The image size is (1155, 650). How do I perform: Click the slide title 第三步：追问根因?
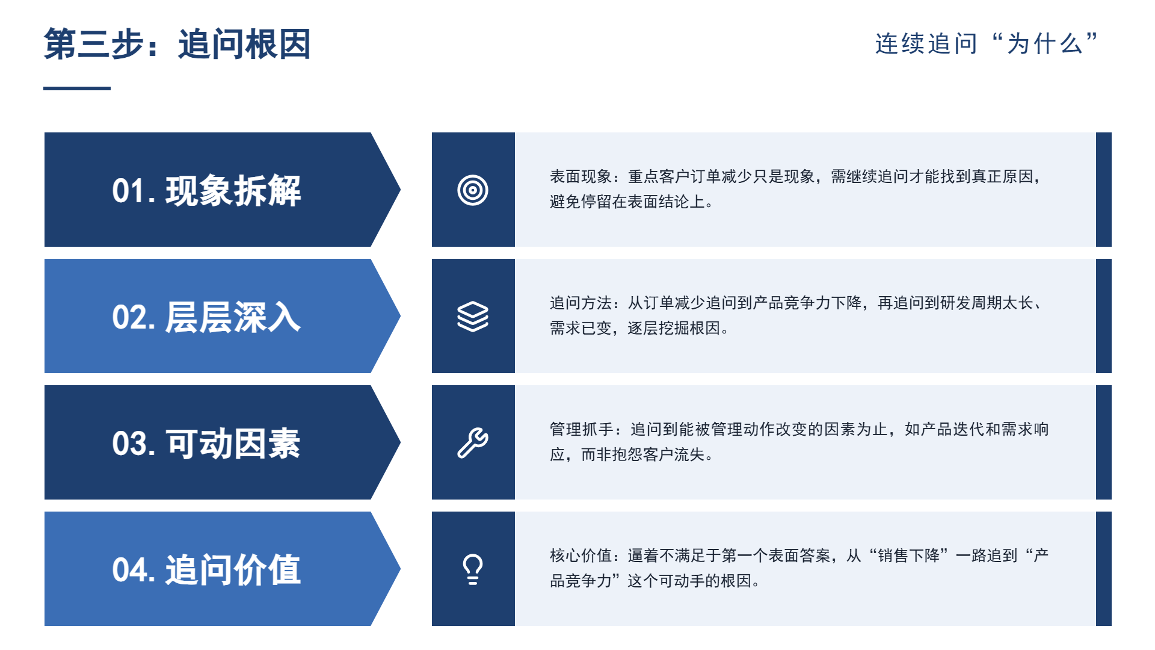[177, 44]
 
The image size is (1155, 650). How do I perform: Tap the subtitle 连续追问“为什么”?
[987, 43]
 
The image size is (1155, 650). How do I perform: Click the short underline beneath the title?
[77, 88]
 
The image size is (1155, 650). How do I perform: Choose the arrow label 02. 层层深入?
[206, 317]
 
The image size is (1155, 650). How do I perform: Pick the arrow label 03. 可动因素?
[206, 443]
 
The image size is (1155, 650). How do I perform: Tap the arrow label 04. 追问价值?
[206, 569]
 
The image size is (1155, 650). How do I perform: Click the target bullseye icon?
[473, 190]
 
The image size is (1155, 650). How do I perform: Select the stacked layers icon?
[473, 317]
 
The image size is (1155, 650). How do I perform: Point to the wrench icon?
[473, 443]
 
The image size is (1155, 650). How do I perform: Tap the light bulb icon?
[473, 569]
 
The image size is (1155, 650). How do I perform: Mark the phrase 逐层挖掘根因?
[674, 328]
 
